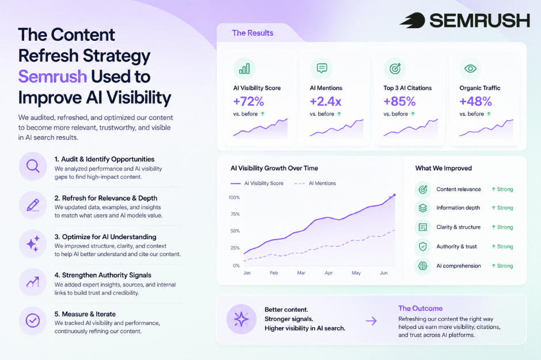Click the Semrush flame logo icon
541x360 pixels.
[x=413, y=20]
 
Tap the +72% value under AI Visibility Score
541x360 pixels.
[x=249, y=101]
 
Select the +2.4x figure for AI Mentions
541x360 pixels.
[x=325, y=101]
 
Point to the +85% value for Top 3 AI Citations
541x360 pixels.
[x=399, y=101]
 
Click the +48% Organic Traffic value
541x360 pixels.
[x=475, y=101]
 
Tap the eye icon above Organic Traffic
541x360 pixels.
[x=470, y=68]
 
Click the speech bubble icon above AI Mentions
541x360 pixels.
[x=322, y=68]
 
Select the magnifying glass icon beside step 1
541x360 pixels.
[x=33, y=166]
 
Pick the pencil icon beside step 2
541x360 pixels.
[x=33, y=205]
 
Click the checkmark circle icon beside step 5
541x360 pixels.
[x=33, y=321]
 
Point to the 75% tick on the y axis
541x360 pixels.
[x=235, y=214]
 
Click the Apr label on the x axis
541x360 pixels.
[x=329, y=273]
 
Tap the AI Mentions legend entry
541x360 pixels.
[x=315, y=183]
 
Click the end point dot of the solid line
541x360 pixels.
[x=394, y=195]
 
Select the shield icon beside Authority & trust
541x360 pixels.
[x=422, y=247]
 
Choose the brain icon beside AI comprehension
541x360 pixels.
[x=422, y=266]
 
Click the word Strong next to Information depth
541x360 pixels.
[x=505, y=208]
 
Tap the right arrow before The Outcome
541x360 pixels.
[x=371, y=321]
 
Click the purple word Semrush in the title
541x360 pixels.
[x=52, y=76]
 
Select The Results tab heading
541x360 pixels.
[x=253, y=33]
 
